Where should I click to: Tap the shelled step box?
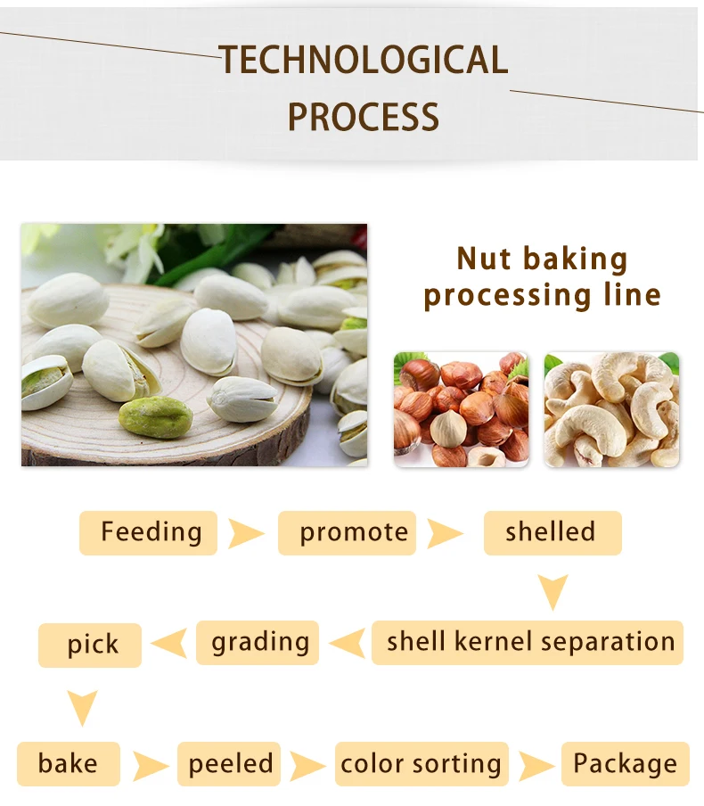pos(552,533)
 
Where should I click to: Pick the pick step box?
pos(90,645)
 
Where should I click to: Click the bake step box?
pos(68,764)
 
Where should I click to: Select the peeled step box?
pos(229,764)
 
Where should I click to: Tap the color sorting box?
pos(422,764)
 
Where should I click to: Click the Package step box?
pos(625,764)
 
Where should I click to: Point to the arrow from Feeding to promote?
pos(246,534)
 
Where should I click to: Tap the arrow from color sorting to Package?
pos(536,765)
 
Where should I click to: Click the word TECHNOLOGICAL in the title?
pos(364,60)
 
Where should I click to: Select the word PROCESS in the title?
pos(364,117)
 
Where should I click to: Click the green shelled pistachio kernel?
pos(156,416)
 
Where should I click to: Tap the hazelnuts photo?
pos(461,409)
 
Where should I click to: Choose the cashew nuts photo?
pos(611,409)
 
